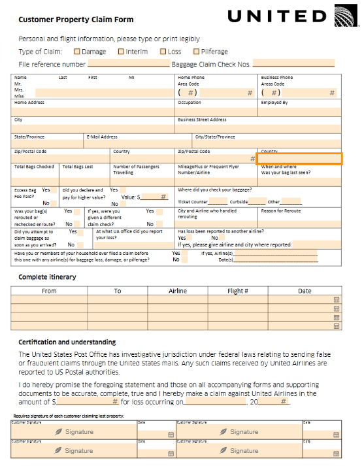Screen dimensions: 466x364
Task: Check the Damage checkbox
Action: [77, 51]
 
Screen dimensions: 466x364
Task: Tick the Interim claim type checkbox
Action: [121, 51]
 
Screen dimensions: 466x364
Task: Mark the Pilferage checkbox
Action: [196, 51]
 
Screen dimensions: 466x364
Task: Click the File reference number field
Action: [128, 64]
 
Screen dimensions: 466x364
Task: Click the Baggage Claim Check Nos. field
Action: [293, 64]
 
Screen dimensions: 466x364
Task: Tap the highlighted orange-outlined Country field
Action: [299, 158]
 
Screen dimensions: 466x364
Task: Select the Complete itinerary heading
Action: [47, 277]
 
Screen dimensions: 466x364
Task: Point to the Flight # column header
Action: [238, 291]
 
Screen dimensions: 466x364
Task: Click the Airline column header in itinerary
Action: [178, 291]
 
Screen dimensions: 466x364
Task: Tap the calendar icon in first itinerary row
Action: [336, 299]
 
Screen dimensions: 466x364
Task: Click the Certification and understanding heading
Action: [67, 342]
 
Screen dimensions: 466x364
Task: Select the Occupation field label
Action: [190, 103]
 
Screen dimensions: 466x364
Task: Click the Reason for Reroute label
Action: [281, 211]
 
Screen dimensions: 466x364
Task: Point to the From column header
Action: [49, 291]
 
